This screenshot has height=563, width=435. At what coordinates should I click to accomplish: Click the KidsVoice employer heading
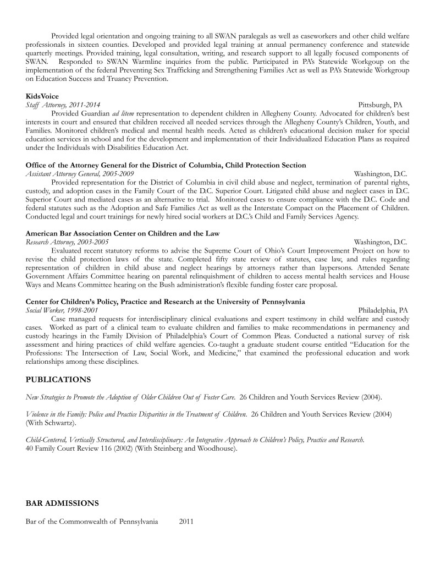pyautogui.click(x=42, y=96)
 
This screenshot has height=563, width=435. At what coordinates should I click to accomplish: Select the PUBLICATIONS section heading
pyautogui.click(x=58, y=380)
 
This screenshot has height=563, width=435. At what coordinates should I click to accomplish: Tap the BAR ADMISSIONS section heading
pyautogui.click(x=62, y=503)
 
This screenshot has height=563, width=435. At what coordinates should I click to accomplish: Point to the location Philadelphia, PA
pyautogui.click(x=383, y=310)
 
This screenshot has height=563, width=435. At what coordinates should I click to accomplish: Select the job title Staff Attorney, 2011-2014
pyautogui.click(x=63, y=105)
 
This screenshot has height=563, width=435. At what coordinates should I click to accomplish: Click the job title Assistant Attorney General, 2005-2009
pyautogui.click(x=80, y=173)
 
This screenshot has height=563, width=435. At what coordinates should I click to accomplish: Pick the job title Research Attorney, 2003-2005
pyautogui.click(x=67, y=242)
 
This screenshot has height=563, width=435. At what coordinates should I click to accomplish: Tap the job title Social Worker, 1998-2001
pyautogui.click(x=62, y=310)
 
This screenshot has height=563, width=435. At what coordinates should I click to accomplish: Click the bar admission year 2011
pyautogui.click(x=186, y=521)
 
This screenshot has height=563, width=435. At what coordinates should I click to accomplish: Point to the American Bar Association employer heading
pyautogui.click(x=123, y=233)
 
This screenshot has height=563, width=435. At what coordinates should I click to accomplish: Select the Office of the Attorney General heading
pyautogui.click(x=166, y=165)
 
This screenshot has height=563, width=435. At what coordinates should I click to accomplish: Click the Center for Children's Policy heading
pyautogui.click(x=165, y=302)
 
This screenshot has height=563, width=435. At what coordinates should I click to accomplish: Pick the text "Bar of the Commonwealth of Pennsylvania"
pyautogui.click(x=92, y=521)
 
